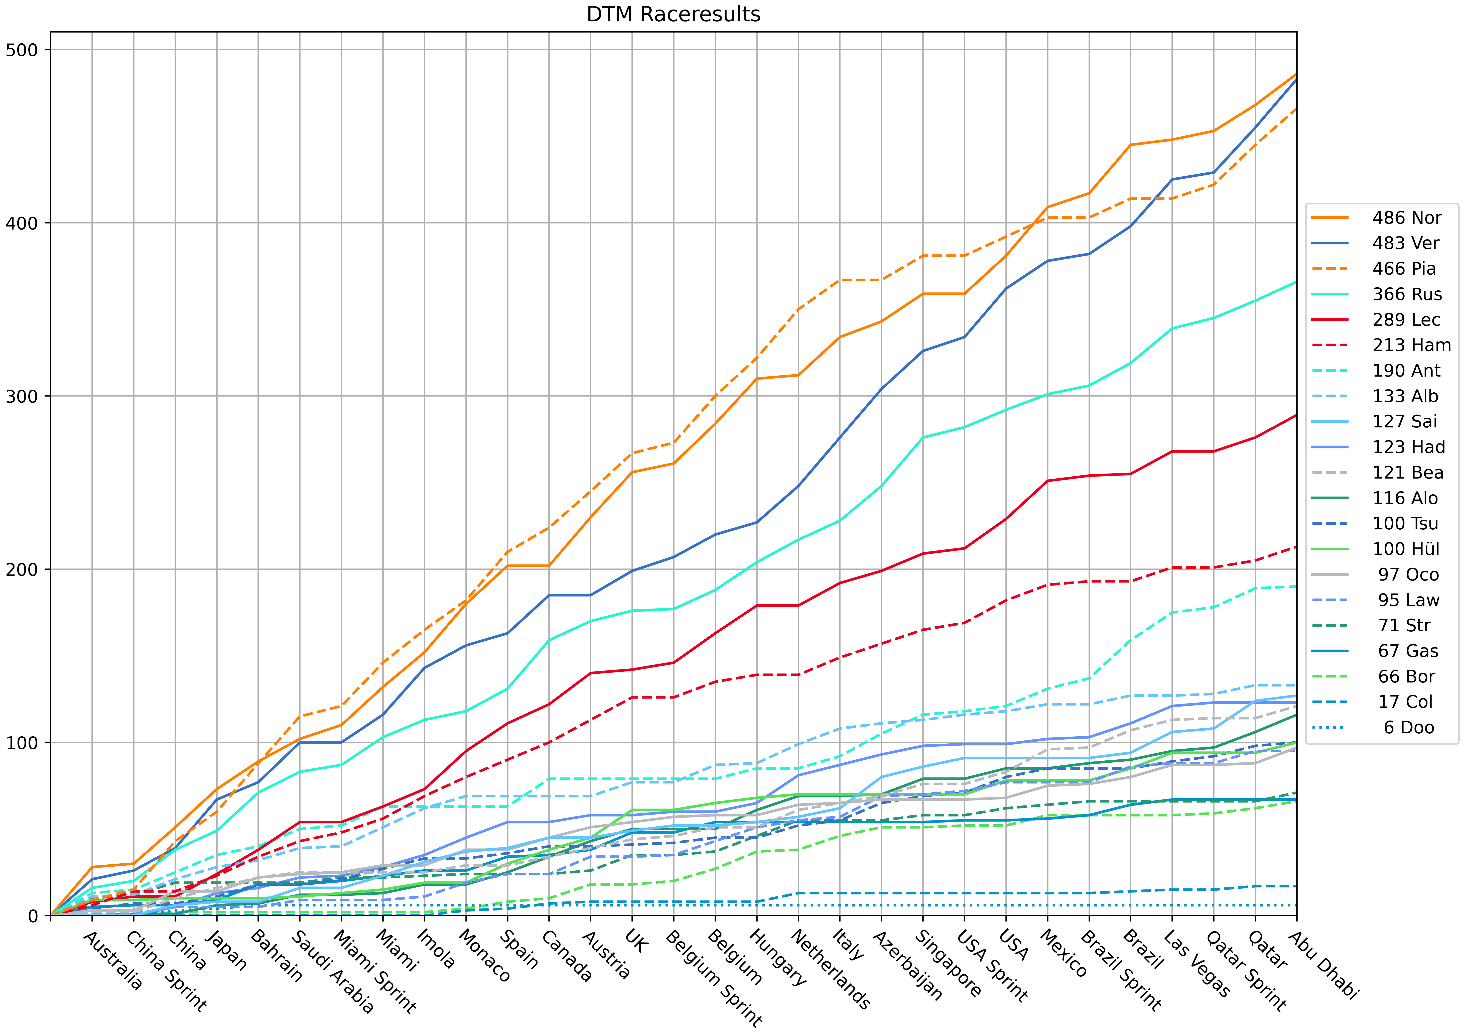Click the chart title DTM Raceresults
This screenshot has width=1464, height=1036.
[673, 14]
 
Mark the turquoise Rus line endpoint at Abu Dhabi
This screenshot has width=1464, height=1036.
[1296, 281]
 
